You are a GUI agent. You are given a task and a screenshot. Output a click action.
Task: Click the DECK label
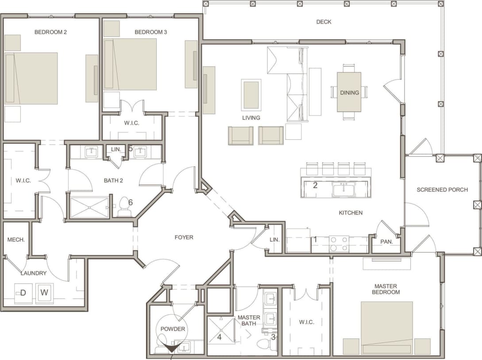(x=324, y=22)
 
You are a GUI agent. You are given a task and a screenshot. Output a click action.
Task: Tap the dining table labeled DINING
(x=349, y=92)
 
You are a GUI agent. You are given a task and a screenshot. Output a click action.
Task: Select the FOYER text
(x=184, y=237)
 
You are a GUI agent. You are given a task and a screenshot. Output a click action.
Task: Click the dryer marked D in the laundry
(x=23, y=293)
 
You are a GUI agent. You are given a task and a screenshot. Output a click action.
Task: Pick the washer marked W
(x=44, y=292)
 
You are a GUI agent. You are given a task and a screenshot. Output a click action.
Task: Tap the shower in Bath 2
(x=89, y=207)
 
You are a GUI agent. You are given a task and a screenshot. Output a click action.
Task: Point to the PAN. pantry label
(x=386, y=242)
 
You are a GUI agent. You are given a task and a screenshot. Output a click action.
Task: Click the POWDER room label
(x=173, y=329)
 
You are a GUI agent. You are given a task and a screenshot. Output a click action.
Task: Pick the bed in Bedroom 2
(x=31, y=79)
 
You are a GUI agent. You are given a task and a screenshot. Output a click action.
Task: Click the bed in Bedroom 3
(x=130, y=65)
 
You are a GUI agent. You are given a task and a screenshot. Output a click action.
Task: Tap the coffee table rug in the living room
(x=251, y=95)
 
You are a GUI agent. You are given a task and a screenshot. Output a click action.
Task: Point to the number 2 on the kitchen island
(x=315, y=185)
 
